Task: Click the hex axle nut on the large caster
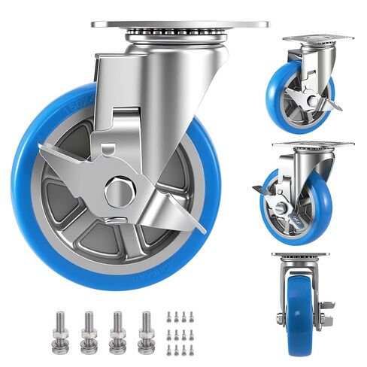[x=119, y=191]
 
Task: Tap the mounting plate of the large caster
[x=180, y=24]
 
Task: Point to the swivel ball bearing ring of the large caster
[x=179, y=35]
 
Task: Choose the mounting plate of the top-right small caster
[x=317, y=38]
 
